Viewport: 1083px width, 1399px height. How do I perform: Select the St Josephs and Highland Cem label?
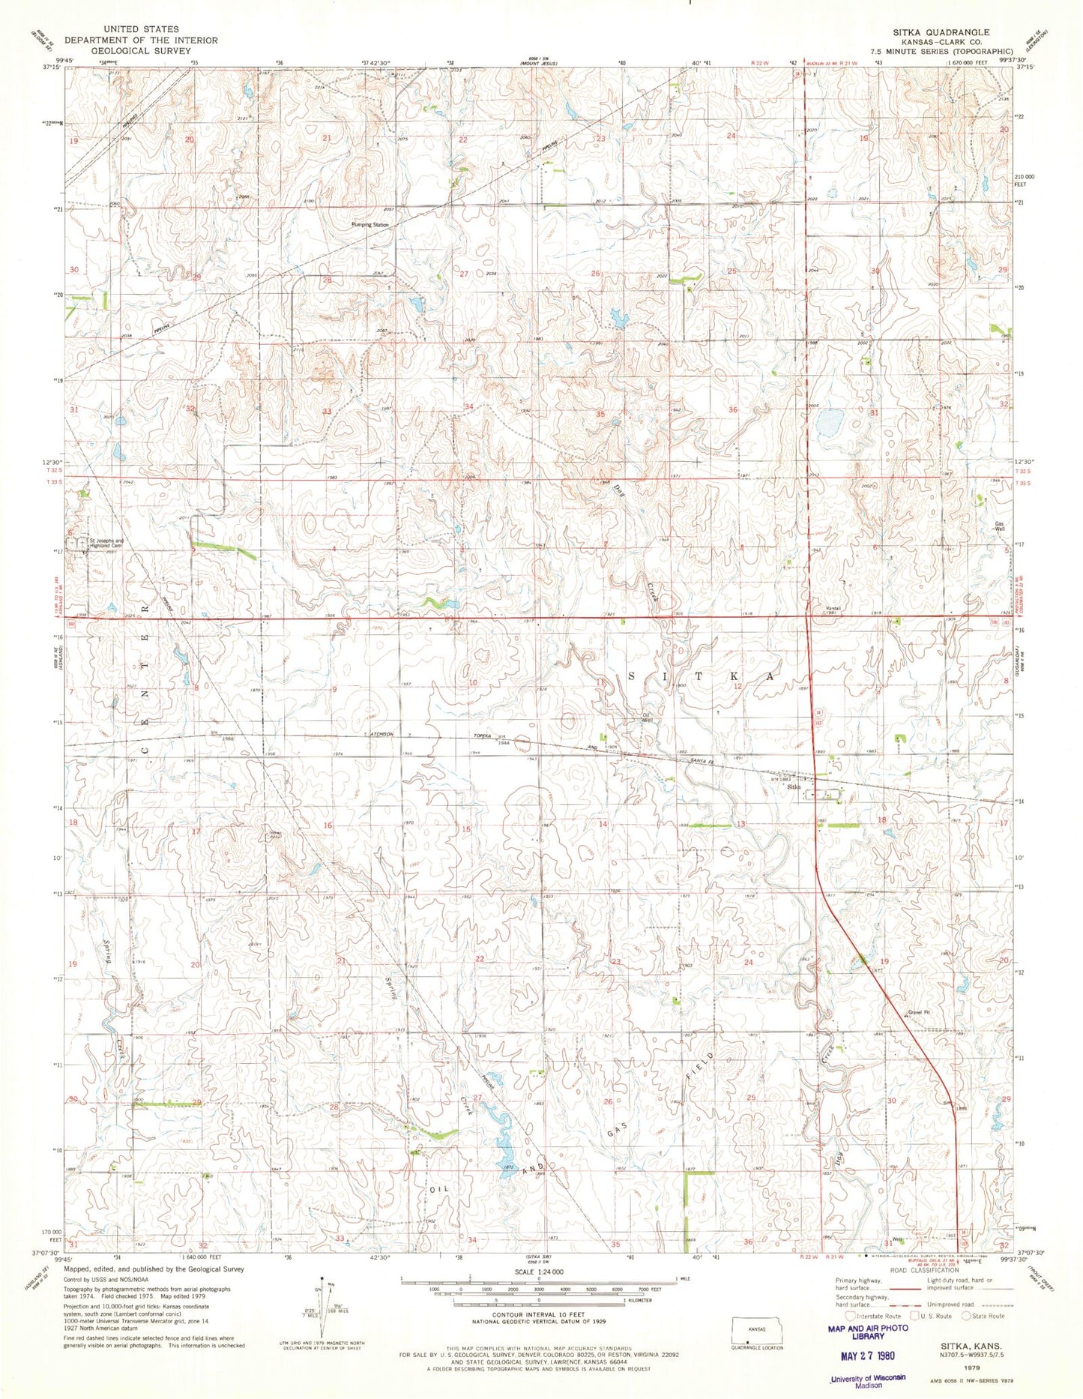tap(107, 543)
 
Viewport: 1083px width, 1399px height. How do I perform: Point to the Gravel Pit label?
tap(919, 1012)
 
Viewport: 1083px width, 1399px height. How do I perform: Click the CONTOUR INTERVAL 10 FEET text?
tap(538, 1315)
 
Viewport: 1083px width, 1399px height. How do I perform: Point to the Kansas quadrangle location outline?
tap(756, 1329)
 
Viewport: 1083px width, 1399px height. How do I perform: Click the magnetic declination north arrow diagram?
tap(323, 1305)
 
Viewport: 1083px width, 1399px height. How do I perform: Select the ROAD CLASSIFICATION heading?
tap(923, 1270)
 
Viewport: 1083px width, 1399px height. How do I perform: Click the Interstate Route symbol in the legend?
tap(849, 1316)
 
